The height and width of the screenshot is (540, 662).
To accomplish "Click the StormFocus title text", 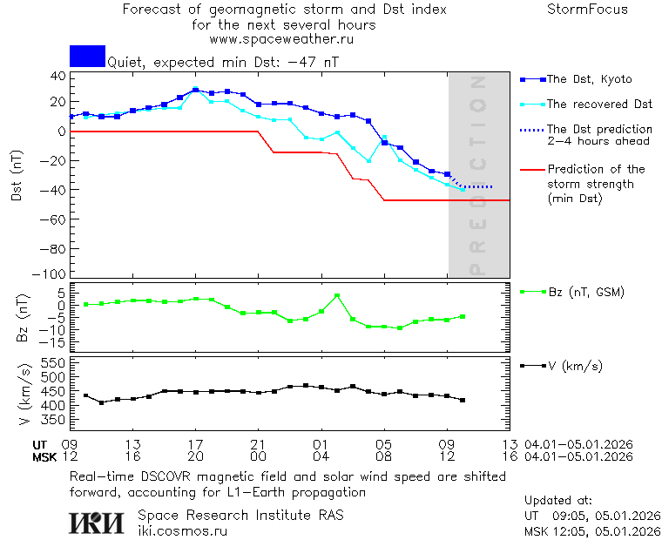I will (587, 10).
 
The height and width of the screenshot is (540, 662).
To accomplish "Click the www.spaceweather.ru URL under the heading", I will (281, 39).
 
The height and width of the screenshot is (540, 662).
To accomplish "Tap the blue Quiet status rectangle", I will (87, 56).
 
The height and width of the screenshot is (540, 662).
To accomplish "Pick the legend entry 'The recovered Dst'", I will (599, 105).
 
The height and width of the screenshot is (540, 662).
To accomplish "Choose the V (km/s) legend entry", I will (574, 366).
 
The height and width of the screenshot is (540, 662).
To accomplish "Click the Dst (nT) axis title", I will (16, 173).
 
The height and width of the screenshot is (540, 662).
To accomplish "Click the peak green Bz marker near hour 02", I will (337, 296).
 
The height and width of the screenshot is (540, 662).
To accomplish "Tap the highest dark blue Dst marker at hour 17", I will (196, 90).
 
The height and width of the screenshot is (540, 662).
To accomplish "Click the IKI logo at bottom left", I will (98, 522).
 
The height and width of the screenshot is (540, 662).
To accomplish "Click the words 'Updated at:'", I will (558, 501).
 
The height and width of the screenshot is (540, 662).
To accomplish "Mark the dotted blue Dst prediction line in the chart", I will (479, 186).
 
